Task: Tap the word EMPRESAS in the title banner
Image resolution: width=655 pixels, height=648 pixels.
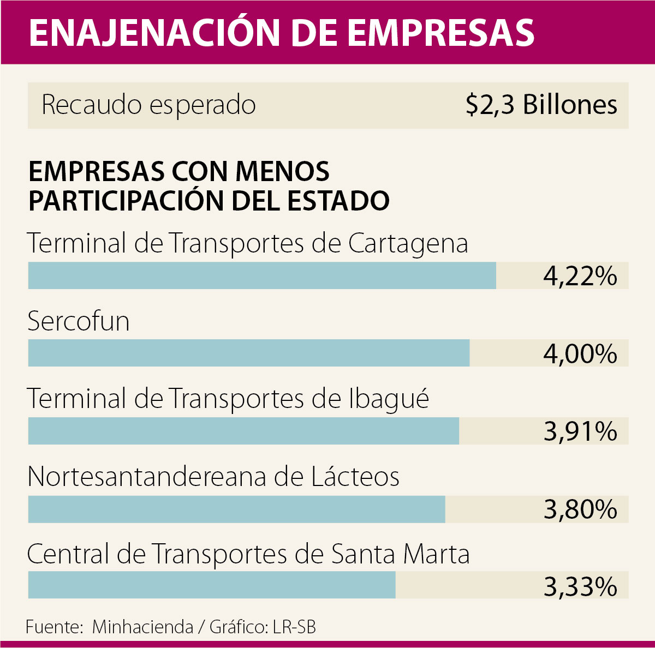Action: point(440,33)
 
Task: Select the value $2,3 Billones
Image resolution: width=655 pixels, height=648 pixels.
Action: point(541,105)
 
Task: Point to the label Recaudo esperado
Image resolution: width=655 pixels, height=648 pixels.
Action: point(148,105)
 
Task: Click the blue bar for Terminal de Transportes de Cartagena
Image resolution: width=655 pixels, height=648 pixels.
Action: point(262,275)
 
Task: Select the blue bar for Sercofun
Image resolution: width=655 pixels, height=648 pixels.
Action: point(248,353)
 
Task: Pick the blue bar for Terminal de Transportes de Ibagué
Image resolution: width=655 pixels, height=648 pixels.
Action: point(243,431)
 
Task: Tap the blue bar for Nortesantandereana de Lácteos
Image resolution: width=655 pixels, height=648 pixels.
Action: point(236,509)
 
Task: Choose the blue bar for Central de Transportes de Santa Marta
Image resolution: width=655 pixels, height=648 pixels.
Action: point(212,585)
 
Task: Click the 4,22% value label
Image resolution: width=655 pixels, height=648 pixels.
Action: point(580,276)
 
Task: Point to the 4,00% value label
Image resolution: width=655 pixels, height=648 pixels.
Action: point(580,354)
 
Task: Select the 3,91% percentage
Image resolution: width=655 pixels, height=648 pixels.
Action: point(580,432)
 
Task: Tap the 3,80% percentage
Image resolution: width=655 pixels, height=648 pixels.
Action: point(580,509)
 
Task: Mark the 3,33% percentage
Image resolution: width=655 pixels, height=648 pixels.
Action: point(580,587)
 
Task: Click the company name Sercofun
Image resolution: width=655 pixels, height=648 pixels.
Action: point(79,321)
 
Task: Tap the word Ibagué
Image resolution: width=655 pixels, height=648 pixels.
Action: point(389,400)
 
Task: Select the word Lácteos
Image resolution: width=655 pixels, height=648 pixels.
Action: point(355,477)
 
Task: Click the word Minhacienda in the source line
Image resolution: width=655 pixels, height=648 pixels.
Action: point(142,627)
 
